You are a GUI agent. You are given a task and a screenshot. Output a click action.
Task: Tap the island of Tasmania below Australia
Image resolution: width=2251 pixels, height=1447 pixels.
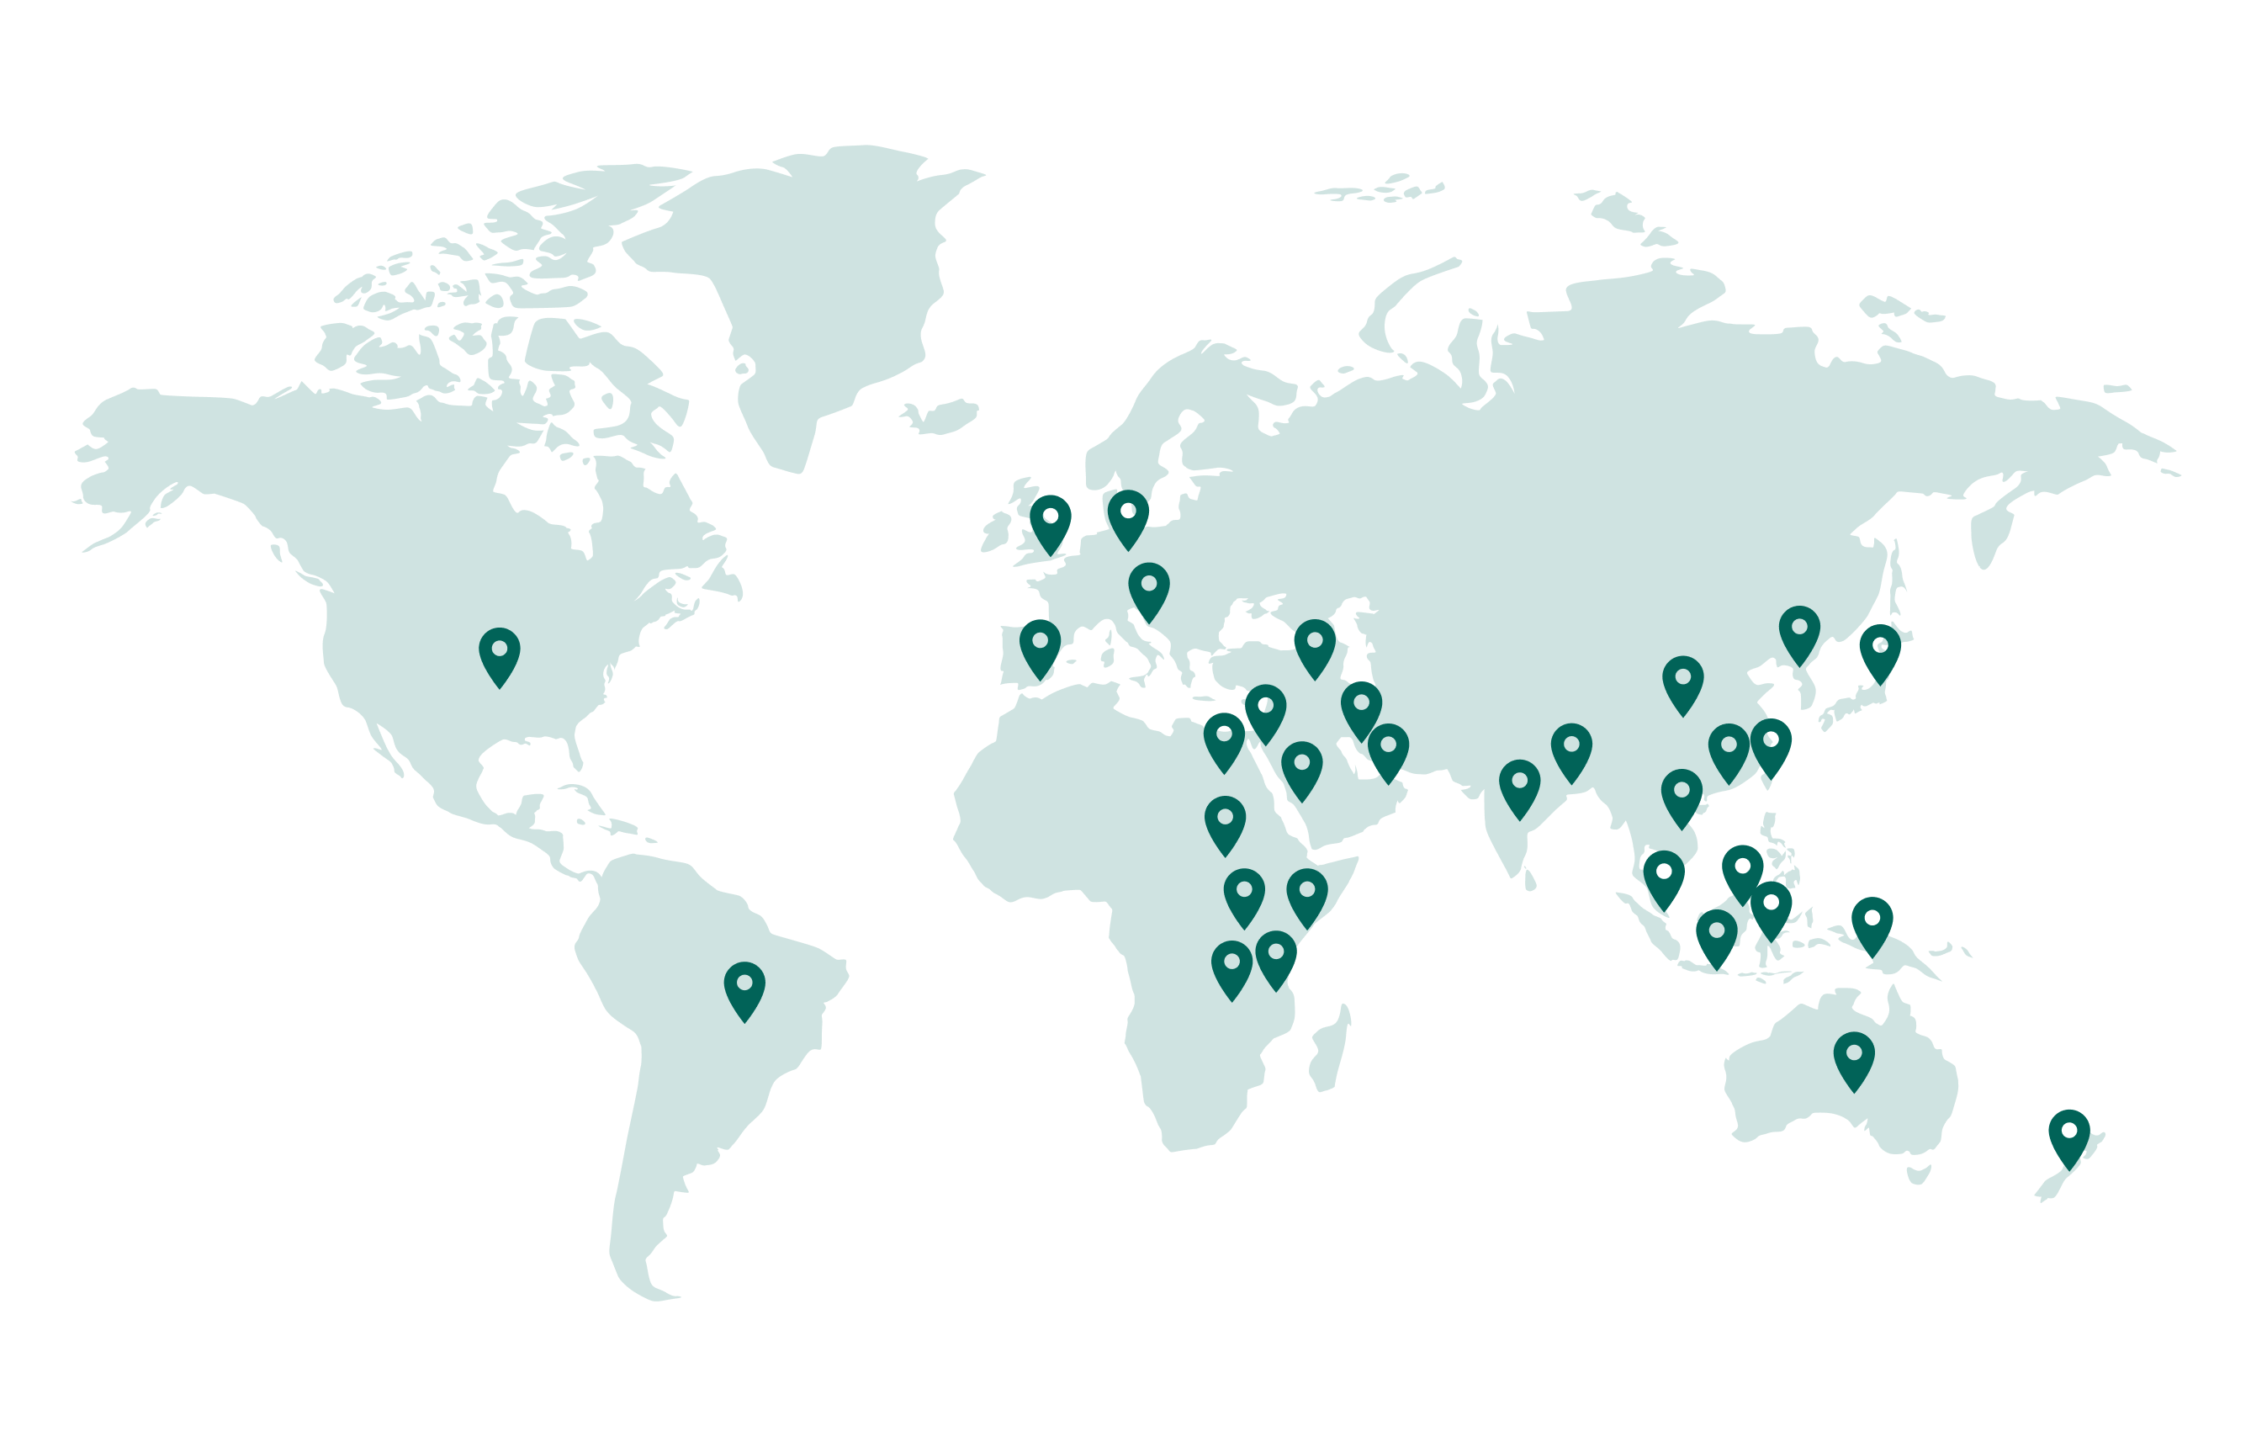point(1919,1174)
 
